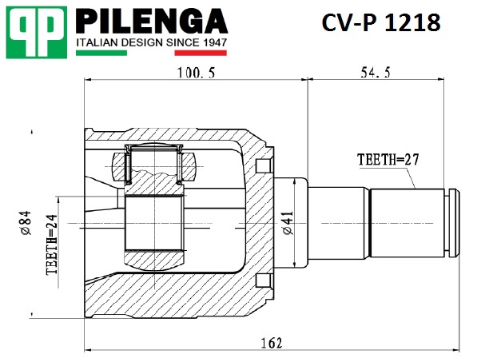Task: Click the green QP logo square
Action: point(37,33)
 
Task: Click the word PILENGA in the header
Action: point(152,22)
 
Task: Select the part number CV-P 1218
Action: point(381,22)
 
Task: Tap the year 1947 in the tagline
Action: point(215,42)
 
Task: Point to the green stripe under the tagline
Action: point(101,53)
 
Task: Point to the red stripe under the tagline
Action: point(201,53)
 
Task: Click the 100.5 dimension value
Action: point(197,73)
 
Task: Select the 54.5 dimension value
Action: point(376,73)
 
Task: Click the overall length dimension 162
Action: point(272,343)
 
